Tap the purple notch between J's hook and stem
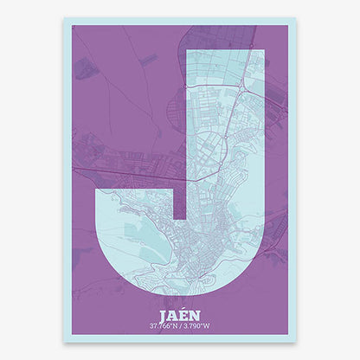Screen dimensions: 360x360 [180, 204]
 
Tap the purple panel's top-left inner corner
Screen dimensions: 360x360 [72, 26]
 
